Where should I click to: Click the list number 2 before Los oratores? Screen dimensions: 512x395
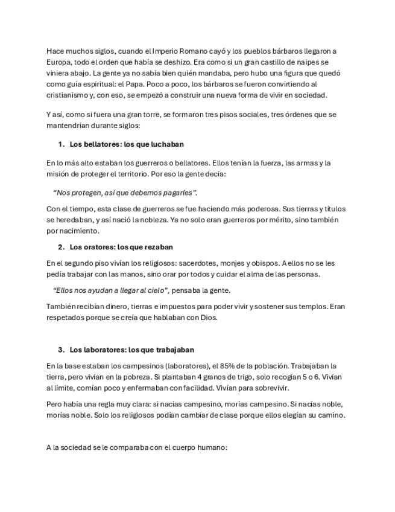pos(61,247)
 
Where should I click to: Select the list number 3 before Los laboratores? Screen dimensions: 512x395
pos(61,350)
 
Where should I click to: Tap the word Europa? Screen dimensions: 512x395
pos(59,62)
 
